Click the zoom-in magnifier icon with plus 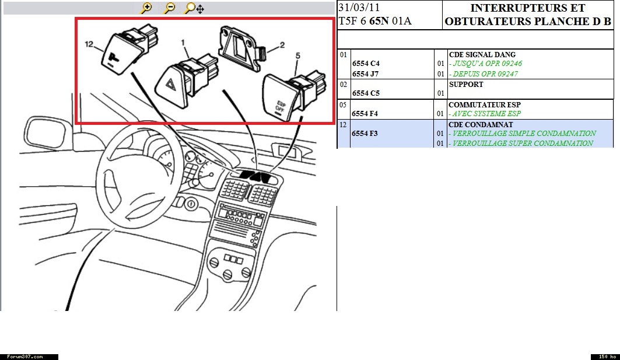coord(146,8)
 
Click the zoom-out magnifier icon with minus coord(169,8)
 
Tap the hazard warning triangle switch coord(186,81)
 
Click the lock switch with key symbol coord(128,49)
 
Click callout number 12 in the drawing coord(89,44)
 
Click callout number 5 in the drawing coord(297,56)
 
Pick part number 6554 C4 coord(366,63)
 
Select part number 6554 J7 coord(365,74)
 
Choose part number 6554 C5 coord(366,93)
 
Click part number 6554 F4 coord(365,114)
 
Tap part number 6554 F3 coord(365,133)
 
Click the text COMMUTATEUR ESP coord(484,105)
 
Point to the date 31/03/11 coord(359,8)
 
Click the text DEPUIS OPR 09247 coord(485,74)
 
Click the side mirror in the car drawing coord(45,132)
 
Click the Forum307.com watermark coord(25,357)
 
